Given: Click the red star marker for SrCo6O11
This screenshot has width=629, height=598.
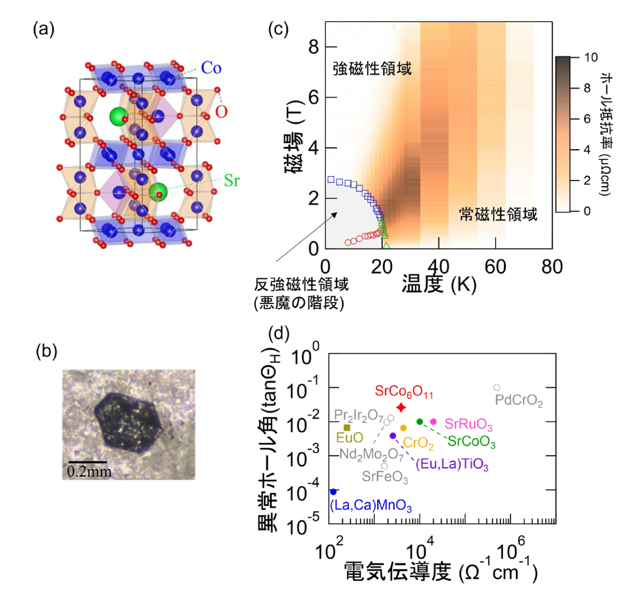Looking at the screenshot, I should click(x=401, y=408).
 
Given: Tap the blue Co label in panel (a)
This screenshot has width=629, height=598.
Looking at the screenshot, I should click(x=211, y=68).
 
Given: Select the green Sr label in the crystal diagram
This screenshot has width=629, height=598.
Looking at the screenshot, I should click(x=231, y=181).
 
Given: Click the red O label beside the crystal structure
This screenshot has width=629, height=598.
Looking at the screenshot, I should click(x=221, y=112).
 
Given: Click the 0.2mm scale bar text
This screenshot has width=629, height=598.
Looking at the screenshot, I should click(x=89, y=472).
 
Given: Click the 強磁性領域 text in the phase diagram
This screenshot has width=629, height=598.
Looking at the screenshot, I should click(x=372, y=69).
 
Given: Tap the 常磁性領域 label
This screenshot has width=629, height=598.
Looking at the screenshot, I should click(x=498, y=215).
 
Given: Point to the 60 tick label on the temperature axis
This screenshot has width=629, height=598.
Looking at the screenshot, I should click(x=495, y=268).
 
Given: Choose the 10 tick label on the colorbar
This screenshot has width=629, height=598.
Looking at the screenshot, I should click(x=591, y=57).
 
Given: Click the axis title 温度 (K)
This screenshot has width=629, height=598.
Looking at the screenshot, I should click(x=439, y=283).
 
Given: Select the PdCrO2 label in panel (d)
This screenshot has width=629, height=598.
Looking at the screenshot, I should click(x=519, y=401).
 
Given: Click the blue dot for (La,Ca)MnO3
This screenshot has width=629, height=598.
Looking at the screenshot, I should click(x=333, y=492).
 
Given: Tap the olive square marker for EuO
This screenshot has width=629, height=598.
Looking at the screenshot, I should click(x=347, y=428).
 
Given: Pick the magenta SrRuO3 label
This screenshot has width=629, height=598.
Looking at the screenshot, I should click(x=468, y=425).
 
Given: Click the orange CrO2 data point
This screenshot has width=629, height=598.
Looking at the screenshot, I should click(x=403, y=428).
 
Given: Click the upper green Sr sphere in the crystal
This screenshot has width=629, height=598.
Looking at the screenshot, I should click(x=118, y=117).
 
